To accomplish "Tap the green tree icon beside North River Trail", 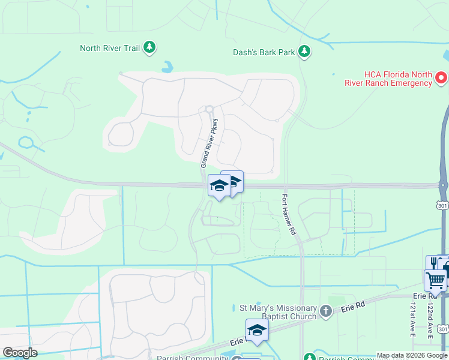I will pyautogui.click(x=149, y=47).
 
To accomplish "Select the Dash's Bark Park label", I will pyautogui.click(x=264, y=52).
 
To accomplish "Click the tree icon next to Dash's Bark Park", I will pyautogui.click(x=305, y=52).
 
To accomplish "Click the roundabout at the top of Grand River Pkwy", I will pyautogui.click(x=209, y=109).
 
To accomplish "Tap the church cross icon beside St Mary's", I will pyautogui.click(x=326, y=311).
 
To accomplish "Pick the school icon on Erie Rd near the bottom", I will pyautogui.click(x=257, y=330).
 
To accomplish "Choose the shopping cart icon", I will pyautogui.click(x=435, y=279).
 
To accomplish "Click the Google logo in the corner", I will pyautogui.click(x=20, y=353).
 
